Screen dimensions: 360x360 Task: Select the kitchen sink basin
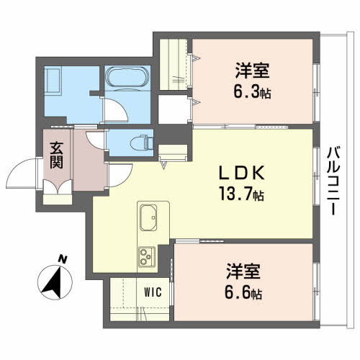150,215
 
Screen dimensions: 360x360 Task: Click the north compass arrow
53,282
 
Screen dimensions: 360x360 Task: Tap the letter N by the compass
63,258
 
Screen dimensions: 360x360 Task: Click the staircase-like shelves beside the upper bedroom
173,65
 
